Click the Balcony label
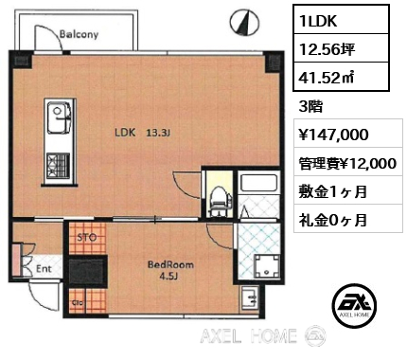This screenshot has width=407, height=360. coord(79,34)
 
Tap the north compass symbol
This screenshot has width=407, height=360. coord(244,22)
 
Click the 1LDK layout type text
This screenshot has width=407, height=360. coord(319,21)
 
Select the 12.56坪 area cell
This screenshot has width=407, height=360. coord(341,48)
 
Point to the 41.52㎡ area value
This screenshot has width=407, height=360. coord(327,77)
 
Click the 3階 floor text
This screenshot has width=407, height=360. coord(310,107)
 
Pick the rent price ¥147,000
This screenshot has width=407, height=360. coord(333,135)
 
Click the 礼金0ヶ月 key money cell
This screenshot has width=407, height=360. coord(348,218)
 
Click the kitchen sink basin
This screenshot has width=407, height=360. coord(59,117)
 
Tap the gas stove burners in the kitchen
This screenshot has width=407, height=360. coord(58,166)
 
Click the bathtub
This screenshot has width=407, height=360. coord(258,183)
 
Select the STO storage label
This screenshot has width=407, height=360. coord(87,237)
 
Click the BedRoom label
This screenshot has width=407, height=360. coord(170,264)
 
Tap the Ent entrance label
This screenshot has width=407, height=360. coord(44,269)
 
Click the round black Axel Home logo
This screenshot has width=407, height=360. coord(354,304)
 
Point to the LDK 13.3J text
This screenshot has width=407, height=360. coord(143,133)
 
